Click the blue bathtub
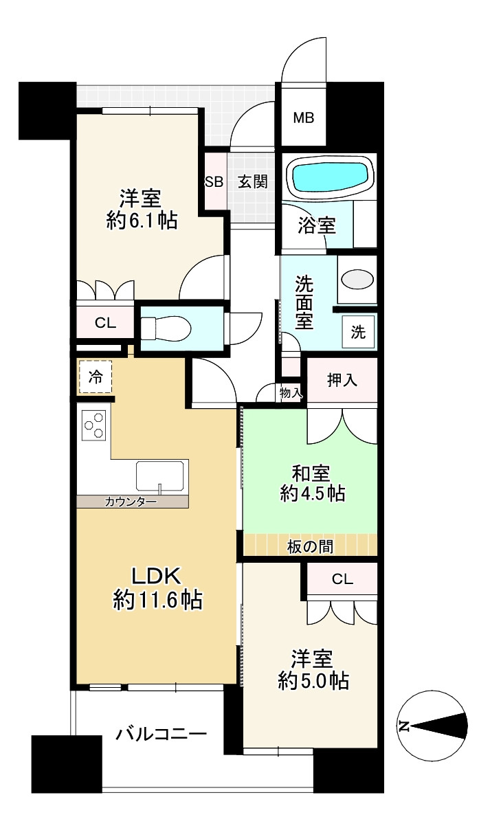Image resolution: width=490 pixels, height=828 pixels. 331,177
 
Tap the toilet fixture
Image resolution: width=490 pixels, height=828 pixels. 166,328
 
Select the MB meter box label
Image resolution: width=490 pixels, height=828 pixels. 304,118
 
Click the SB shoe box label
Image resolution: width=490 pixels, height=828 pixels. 214,182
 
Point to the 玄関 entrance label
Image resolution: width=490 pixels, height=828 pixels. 253,181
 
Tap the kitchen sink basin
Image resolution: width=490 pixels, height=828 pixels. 159,475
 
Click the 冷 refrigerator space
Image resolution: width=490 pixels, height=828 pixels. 95,377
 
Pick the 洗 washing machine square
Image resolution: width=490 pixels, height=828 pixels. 358,332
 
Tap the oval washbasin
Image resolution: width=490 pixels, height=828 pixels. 357,279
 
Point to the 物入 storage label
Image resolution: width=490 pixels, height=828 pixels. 291,393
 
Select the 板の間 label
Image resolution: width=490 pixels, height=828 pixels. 310,547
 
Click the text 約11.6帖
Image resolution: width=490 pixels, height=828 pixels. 157,600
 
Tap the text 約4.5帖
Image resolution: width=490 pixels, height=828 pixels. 313,493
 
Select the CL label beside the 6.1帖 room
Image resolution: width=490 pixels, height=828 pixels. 105,323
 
